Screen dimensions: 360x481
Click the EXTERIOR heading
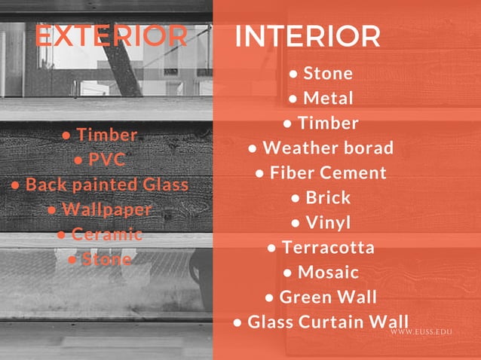click(x=112, y=36)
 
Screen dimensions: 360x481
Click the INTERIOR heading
click(x=308, y=36)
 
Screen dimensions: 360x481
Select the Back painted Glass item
click(x=107, y=185)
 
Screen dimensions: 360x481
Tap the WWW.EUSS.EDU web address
click(x=431, y=332)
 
